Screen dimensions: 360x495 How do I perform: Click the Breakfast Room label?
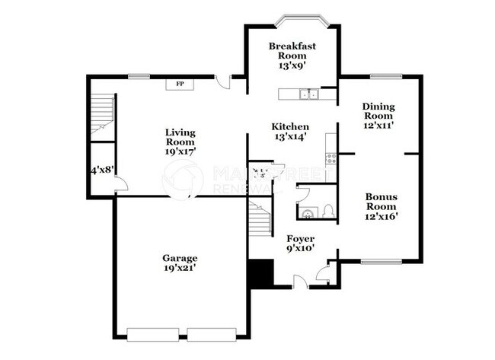(x=292, y=56)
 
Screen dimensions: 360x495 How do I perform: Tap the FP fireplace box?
(x=180, y=84)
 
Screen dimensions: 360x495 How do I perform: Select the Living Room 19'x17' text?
(x=180, y=142)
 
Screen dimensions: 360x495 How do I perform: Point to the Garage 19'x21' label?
(x=180, y=263)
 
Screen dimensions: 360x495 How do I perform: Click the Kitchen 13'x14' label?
(x=291, y=132)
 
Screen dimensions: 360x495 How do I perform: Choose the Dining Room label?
(x=378, y=116)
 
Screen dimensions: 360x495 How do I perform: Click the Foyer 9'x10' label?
(x=299, y=244)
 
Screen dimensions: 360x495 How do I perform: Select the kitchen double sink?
(x=308, y=94)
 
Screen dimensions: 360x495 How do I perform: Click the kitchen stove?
(x=331, y=158)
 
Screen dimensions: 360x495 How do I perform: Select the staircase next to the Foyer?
(x=260, y=219)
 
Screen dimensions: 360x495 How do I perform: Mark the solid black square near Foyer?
(x=260, y=273)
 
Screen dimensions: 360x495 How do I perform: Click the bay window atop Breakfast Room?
(x=292, y=20)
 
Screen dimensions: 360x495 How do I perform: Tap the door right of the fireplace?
(x=221, y=81)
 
